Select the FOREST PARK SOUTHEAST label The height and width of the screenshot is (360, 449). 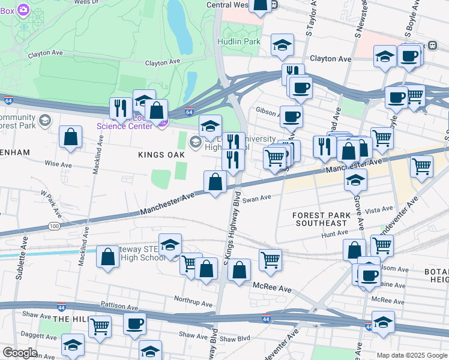pyautogui.click(x=319, y=219)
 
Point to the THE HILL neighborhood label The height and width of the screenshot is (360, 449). pyautogui.click(x=71, y=320)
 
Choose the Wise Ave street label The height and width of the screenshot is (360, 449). pyautogui.click(x=58, y=164)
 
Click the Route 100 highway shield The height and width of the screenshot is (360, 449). pyautogui.click(x=54, y=226)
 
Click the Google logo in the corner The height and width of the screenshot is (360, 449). pyautogui.click(x=19, y=353)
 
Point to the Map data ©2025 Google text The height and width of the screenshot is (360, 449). pyautogui.click(x=412, y=355)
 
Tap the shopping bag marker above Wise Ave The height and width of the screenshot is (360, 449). pyautogui.click(x=71, y=137)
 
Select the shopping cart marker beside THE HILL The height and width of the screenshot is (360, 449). pyautogui.click(x=100, y=326)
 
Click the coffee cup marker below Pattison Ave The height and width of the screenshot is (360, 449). pyautogui.click(x=134, y=324)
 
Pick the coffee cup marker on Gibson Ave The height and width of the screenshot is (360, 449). pyautogui.click(x=291, y=116)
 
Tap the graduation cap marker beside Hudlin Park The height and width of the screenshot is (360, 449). pyautogui.click(x=282, y=45)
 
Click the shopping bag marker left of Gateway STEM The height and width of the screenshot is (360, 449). pyautogui.click(x=107, y=256)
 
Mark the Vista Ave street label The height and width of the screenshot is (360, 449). pyautogui.click(x=379, y=211)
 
